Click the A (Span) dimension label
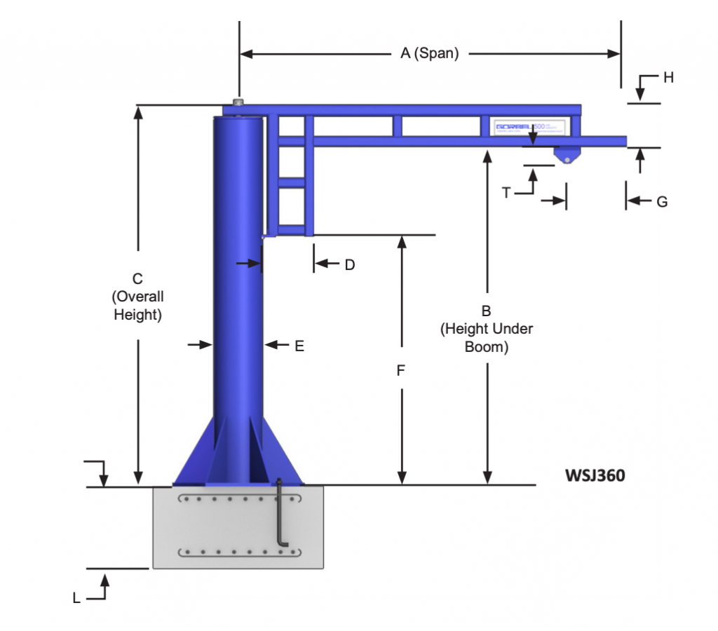click(429, 53)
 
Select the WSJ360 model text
click(595, 476)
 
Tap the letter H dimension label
click(668, 78)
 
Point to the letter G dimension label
click(662, 202)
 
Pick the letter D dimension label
click(349, 264)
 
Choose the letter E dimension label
click(299, 345)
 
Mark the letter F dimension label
click(401, 371)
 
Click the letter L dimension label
click(76, 598)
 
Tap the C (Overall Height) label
click(138, 297)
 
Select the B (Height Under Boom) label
click(487, 328)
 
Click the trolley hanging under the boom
click(565, 155)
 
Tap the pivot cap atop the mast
click(238, 103)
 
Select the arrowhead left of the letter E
click(270, 345)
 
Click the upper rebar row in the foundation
click(238, 500)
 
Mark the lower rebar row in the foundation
click(238, 552)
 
